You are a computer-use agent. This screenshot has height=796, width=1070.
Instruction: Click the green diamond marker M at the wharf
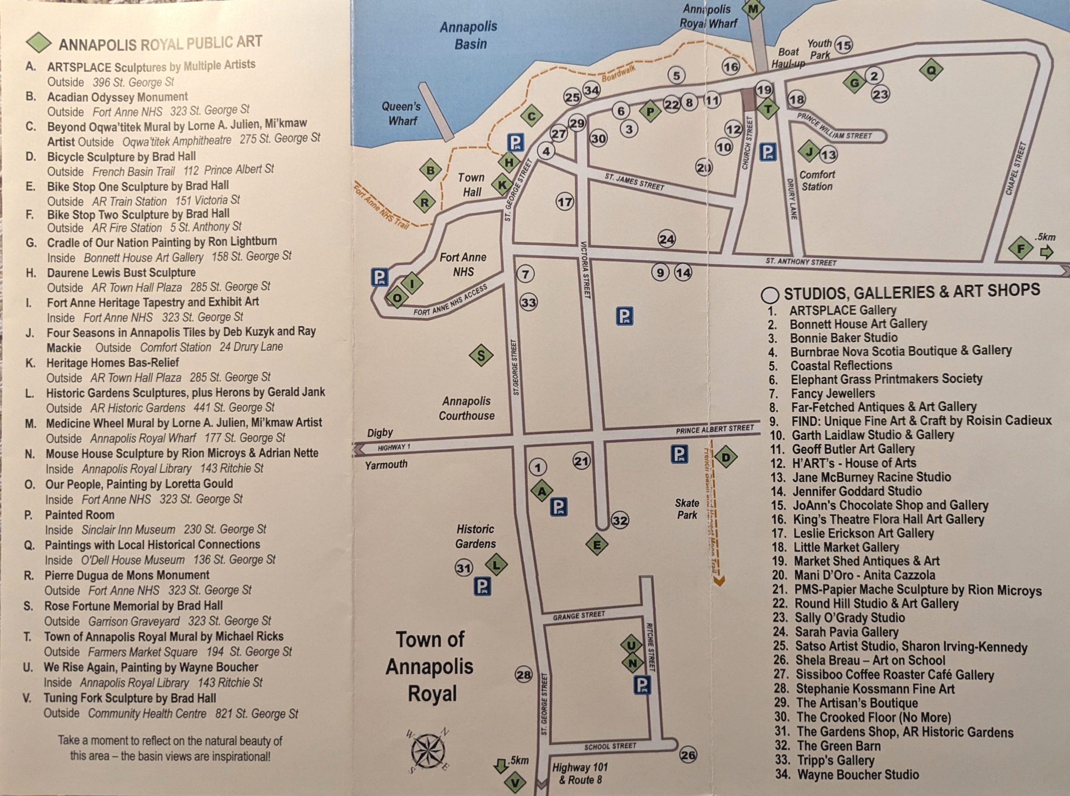pyautogui.click(x=753, y=8)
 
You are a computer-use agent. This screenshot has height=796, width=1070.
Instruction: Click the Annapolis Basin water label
pyautogui.click(x=469, y=35)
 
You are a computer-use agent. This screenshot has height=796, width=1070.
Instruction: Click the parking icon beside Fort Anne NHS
pyautogui.click(x=380, y=278)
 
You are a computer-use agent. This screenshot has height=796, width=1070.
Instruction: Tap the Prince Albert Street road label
pyautogui.click(x=714, y=429)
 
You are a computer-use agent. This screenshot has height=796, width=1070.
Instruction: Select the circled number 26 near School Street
pyautogui.click(x=688, y=755)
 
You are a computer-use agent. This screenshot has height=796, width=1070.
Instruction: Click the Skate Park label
pyautogui.click(x=687, y=509)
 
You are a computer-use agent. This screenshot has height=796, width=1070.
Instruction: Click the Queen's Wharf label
pyautogui.click(x=401, y=114)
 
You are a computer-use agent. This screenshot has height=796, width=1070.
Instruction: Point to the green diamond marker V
pyautogui.click(x=515, y=783)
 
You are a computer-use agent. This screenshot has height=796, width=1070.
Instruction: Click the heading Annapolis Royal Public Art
pyautogui.click(x=160, y=43)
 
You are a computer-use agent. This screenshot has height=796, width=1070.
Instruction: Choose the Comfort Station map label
pyautogui.click(x=817, y=181)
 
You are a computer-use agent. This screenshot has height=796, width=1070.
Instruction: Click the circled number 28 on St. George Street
pyautogui.click(x=524, y=674)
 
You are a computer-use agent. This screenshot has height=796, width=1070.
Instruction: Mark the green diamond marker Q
pyautogui.click(x=931, y=70)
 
